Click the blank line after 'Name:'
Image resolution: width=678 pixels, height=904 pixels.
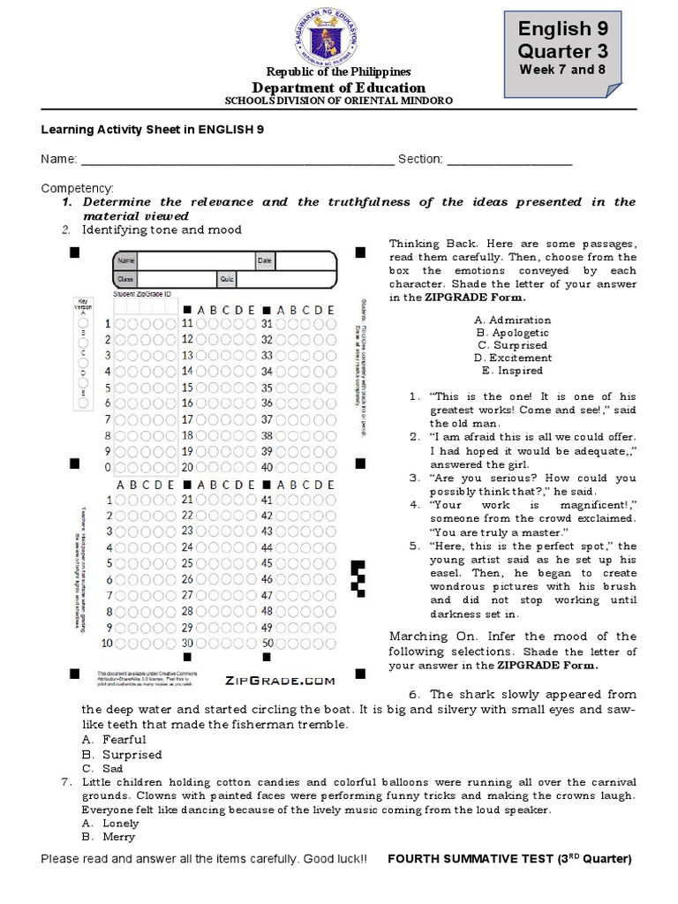pos(237,160)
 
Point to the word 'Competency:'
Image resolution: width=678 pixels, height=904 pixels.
pos(78,189)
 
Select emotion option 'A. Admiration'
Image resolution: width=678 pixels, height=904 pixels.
pos(512,320)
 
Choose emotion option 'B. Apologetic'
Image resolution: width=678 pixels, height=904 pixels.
pos(512,333)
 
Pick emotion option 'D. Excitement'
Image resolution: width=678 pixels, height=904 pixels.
pos(512,358)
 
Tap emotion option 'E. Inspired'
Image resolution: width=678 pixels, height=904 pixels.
pos(512,370)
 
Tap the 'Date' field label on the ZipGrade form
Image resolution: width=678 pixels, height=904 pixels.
pos(265,260)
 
